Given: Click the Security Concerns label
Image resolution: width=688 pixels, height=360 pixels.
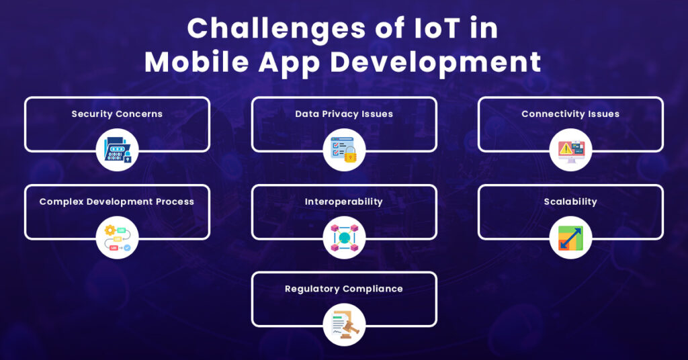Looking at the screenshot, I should pos(117,114).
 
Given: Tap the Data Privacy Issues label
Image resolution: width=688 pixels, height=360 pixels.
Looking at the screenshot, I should pos(344,114).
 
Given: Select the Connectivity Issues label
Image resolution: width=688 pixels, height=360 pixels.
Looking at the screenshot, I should pos(570,114).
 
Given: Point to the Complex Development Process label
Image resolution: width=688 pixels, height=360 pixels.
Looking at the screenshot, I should pos(117,201).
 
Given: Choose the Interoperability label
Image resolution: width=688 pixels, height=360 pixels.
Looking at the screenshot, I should pos(344,201).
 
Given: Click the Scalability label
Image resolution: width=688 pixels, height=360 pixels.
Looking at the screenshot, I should pos(570,201).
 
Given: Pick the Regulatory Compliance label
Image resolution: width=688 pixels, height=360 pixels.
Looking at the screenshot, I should pos(344,289).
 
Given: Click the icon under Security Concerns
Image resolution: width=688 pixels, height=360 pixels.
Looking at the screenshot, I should pos(117,150).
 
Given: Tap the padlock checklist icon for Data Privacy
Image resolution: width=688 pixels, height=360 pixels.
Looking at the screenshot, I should pos(344,150).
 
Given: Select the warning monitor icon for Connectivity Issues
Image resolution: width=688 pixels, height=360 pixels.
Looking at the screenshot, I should pos(570,150).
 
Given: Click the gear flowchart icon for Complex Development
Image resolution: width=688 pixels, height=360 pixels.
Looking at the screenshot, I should pos(117,238).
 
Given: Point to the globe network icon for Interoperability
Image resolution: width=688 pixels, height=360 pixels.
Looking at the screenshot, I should pos(344,238).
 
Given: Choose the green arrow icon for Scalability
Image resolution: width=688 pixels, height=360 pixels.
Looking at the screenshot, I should pos(570,238).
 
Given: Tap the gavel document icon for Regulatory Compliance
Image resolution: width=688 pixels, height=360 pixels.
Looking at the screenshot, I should pos(344,325).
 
